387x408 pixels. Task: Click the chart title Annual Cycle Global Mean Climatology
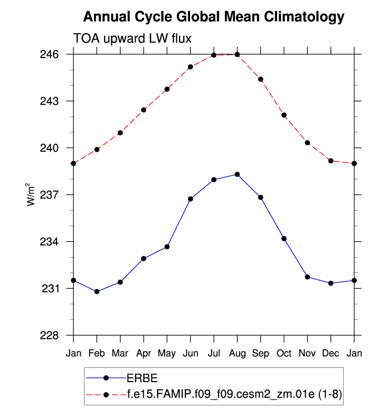pos(214,17)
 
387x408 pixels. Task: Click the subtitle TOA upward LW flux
pos(131,38)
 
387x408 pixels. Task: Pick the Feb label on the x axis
pos(97,353)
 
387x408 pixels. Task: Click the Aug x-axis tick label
pos(237,353)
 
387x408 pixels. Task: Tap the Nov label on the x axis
pos(307,353)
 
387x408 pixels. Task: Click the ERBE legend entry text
pos(142,378)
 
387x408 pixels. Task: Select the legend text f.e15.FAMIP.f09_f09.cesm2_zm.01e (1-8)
pos(236,394)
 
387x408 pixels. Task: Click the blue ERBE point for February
pos(97,291)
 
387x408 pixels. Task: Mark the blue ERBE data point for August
pos(237,174)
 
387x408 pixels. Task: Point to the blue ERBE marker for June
pos(191,199)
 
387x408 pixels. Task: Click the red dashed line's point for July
pos(214,55)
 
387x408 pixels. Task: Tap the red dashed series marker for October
pos(284,115)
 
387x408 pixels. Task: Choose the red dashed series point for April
pos(144,110)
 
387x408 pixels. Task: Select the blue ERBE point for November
pos(307,277)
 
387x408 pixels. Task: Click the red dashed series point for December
pos(331,160)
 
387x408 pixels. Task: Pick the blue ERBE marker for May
pos(167,246)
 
